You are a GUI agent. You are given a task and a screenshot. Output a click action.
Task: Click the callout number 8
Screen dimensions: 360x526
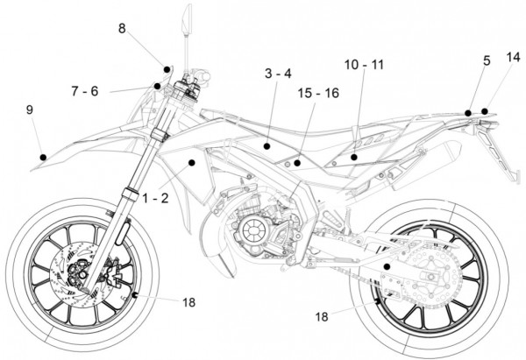point(123,29)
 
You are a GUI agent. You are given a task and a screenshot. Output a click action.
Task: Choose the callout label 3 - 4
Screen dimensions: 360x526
point(278,74)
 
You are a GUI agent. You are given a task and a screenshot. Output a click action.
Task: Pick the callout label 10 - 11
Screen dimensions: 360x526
point(363,65)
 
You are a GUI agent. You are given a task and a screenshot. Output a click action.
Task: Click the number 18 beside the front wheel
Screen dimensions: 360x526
point(189,302)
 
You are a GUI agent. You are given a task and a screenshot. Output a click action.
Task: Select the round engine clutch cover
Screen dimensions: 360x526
point(252,231)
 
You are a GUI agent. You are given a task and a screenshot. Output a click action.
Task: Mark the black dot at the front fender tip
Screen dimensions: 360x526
point(42,157)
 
